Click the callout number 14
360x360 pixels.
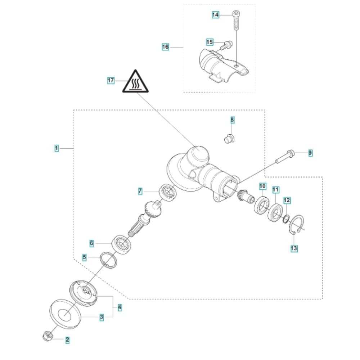click(215, 15)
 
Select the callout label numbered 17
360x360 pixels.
click(111, 81)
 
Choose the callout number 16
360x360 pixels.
click(165, 47)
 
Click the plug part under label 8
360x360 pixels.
click(229, 138)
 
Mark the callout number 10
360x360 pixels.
click(262, 186)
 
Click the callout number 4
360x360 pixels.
click(120, 308)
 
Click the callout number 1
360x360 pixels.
click(56, 148)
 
